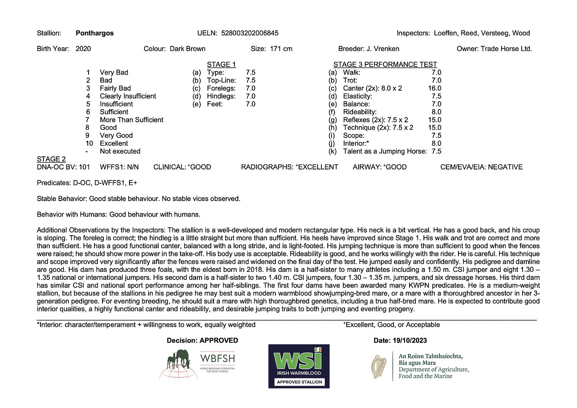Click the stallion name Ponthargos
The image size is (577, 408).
click(x=94, y=33)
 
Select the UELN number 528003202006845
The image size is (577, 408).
click(x=250, y=33)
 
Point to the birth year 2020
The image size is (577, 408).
click(x=83, y=48)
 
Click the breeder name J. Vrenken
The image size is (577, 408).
click(x=383, y=48)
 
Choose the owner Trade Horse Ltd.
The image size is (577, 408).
click(x=506, y=48)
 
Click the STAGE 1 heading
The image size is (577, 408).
click(x=221, y=64)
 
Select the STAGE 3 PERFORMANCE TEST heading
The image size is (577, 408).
click(x=385, y=64)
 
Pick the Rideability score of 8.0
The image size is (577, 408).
click(x=436, y=112)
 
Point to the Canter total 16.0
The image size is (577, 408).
click(x=434, y=88)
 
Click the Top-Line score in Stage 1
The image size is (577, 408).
click(x=251, y=80)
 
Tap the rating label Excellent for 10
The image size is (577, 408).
click(x=114, y=143)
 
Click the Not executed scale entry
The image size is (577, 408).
click(x=120, y=151)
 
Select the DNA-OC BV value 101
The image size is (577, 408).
click(x=84, y=167)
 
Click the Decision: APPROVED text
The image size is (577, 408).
click(x=202, y=341)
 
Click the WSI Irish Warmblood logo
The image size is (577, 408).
click(x=299, y=366)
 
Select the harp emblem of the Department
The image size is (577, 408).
click(x=379, y=366)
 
